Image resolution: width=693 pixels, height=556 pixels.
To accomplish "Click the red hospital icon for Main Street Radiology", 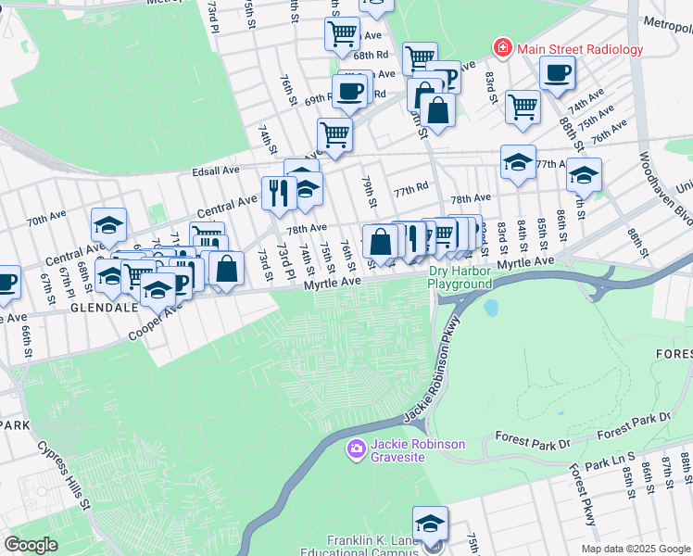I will (x=502, y=48).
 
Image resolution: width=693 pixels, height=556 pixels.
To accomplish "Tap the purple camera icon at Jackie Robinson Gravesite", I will (x=356, y=449).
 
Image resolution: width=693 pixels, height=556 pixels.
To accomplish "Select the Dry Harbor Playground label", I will (x=460, y=277).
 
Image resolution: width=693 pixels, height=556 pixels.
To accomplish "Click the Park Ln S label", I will (x=608, y=459).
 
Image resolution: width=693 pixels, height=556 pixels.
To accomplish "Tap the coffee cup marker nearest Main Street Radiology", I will (x=557, y=72).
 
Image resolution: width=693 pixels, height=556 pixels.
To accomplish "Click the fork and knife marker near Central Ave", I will (x=276, y=193).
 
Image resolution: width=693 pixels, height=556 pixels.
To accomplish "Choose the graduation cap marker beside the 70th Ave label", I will (x=108, y=225).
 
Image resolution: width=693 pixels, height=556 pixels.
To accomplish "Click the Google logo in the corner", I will (x=31, y=545).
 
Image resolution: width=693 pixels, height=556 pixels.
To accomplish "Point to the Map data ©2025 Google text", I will (x=635, y=549).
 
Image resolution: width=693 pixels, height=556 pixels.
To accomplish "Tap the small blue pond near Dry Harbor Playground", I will (x=490, y=307).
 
